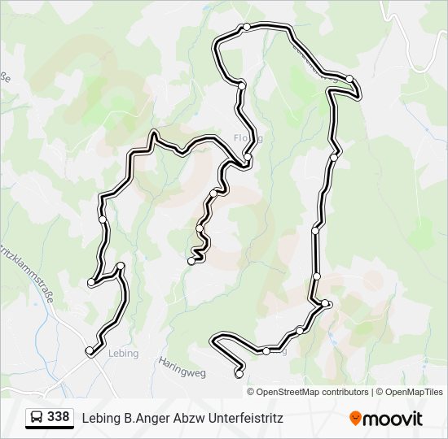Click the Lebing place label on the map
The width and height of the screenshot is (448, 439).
123,354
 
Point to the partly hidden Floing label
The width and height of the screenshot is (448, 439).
247,137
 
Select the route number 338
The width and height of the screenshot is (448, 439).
58,417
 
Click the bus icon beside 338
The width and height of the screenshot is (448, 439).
37,418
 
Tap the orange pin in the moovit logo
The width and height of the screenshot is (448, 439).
355,418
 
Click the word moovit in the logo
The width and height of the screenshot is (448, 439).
393,419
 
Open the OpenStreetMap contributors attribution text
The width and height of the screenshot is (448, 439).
312,392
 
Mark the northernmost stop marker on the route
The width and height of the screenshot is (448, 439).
246,28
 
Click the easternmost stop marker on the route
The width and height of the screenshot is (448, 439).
349,79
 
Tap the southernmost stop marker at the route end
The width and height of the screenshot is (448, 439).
239,374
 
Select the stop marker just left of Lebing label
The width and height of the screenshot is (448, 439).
90,350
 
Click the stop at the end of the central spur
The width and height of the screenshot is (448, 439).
191,261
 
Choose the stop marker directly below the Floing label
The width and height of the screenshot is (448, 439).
248,159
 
